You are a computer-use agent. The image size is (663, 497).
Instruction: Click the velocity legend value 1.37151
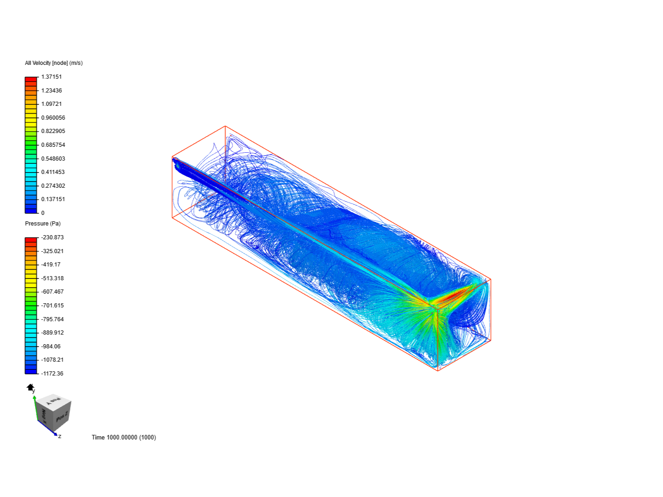point(52,77)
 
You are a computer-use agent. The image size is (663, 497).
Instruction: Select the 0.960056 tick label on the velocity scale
point(53,117)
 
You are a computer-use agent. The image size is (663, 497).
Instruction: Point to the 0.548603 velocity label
point(53,158)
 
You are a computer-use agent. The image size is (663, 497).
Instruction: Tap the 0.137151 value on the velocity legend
point(53,199)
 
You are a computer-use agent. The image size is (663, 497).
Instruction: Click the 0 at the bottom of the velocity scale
point(43,213)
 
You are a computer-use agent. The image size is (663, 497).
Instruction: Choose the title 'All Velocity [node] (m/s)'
point(54,63)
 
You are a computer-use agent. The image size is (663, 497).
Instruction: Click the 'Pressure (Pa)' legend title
point(43,224)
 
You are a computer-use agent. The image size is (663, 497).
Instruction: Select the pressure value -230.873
point(52,237)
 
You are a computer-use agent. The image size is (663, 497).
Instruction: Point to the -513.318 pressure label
point(52,278)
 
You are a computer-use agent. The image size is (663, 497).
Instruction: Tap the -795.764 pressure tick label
point(52,319)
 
